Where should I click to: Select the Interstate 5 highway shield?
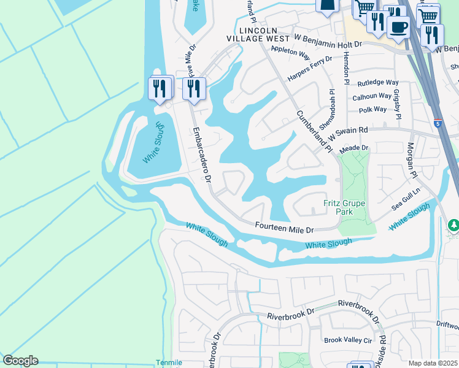[x=438, y=123]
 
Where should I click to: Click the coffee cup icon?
[x=399, y=28]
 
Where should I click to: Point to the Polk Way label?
[x=372, y=110]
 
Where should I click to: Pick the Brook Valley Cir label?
[x=348, y=340]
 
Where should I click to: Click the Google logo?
[x=20, y=361]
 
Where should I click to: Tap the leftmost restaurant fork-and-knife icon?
[x=158, y=88]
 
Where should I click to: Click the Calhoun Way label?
[x=372, y=96]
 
